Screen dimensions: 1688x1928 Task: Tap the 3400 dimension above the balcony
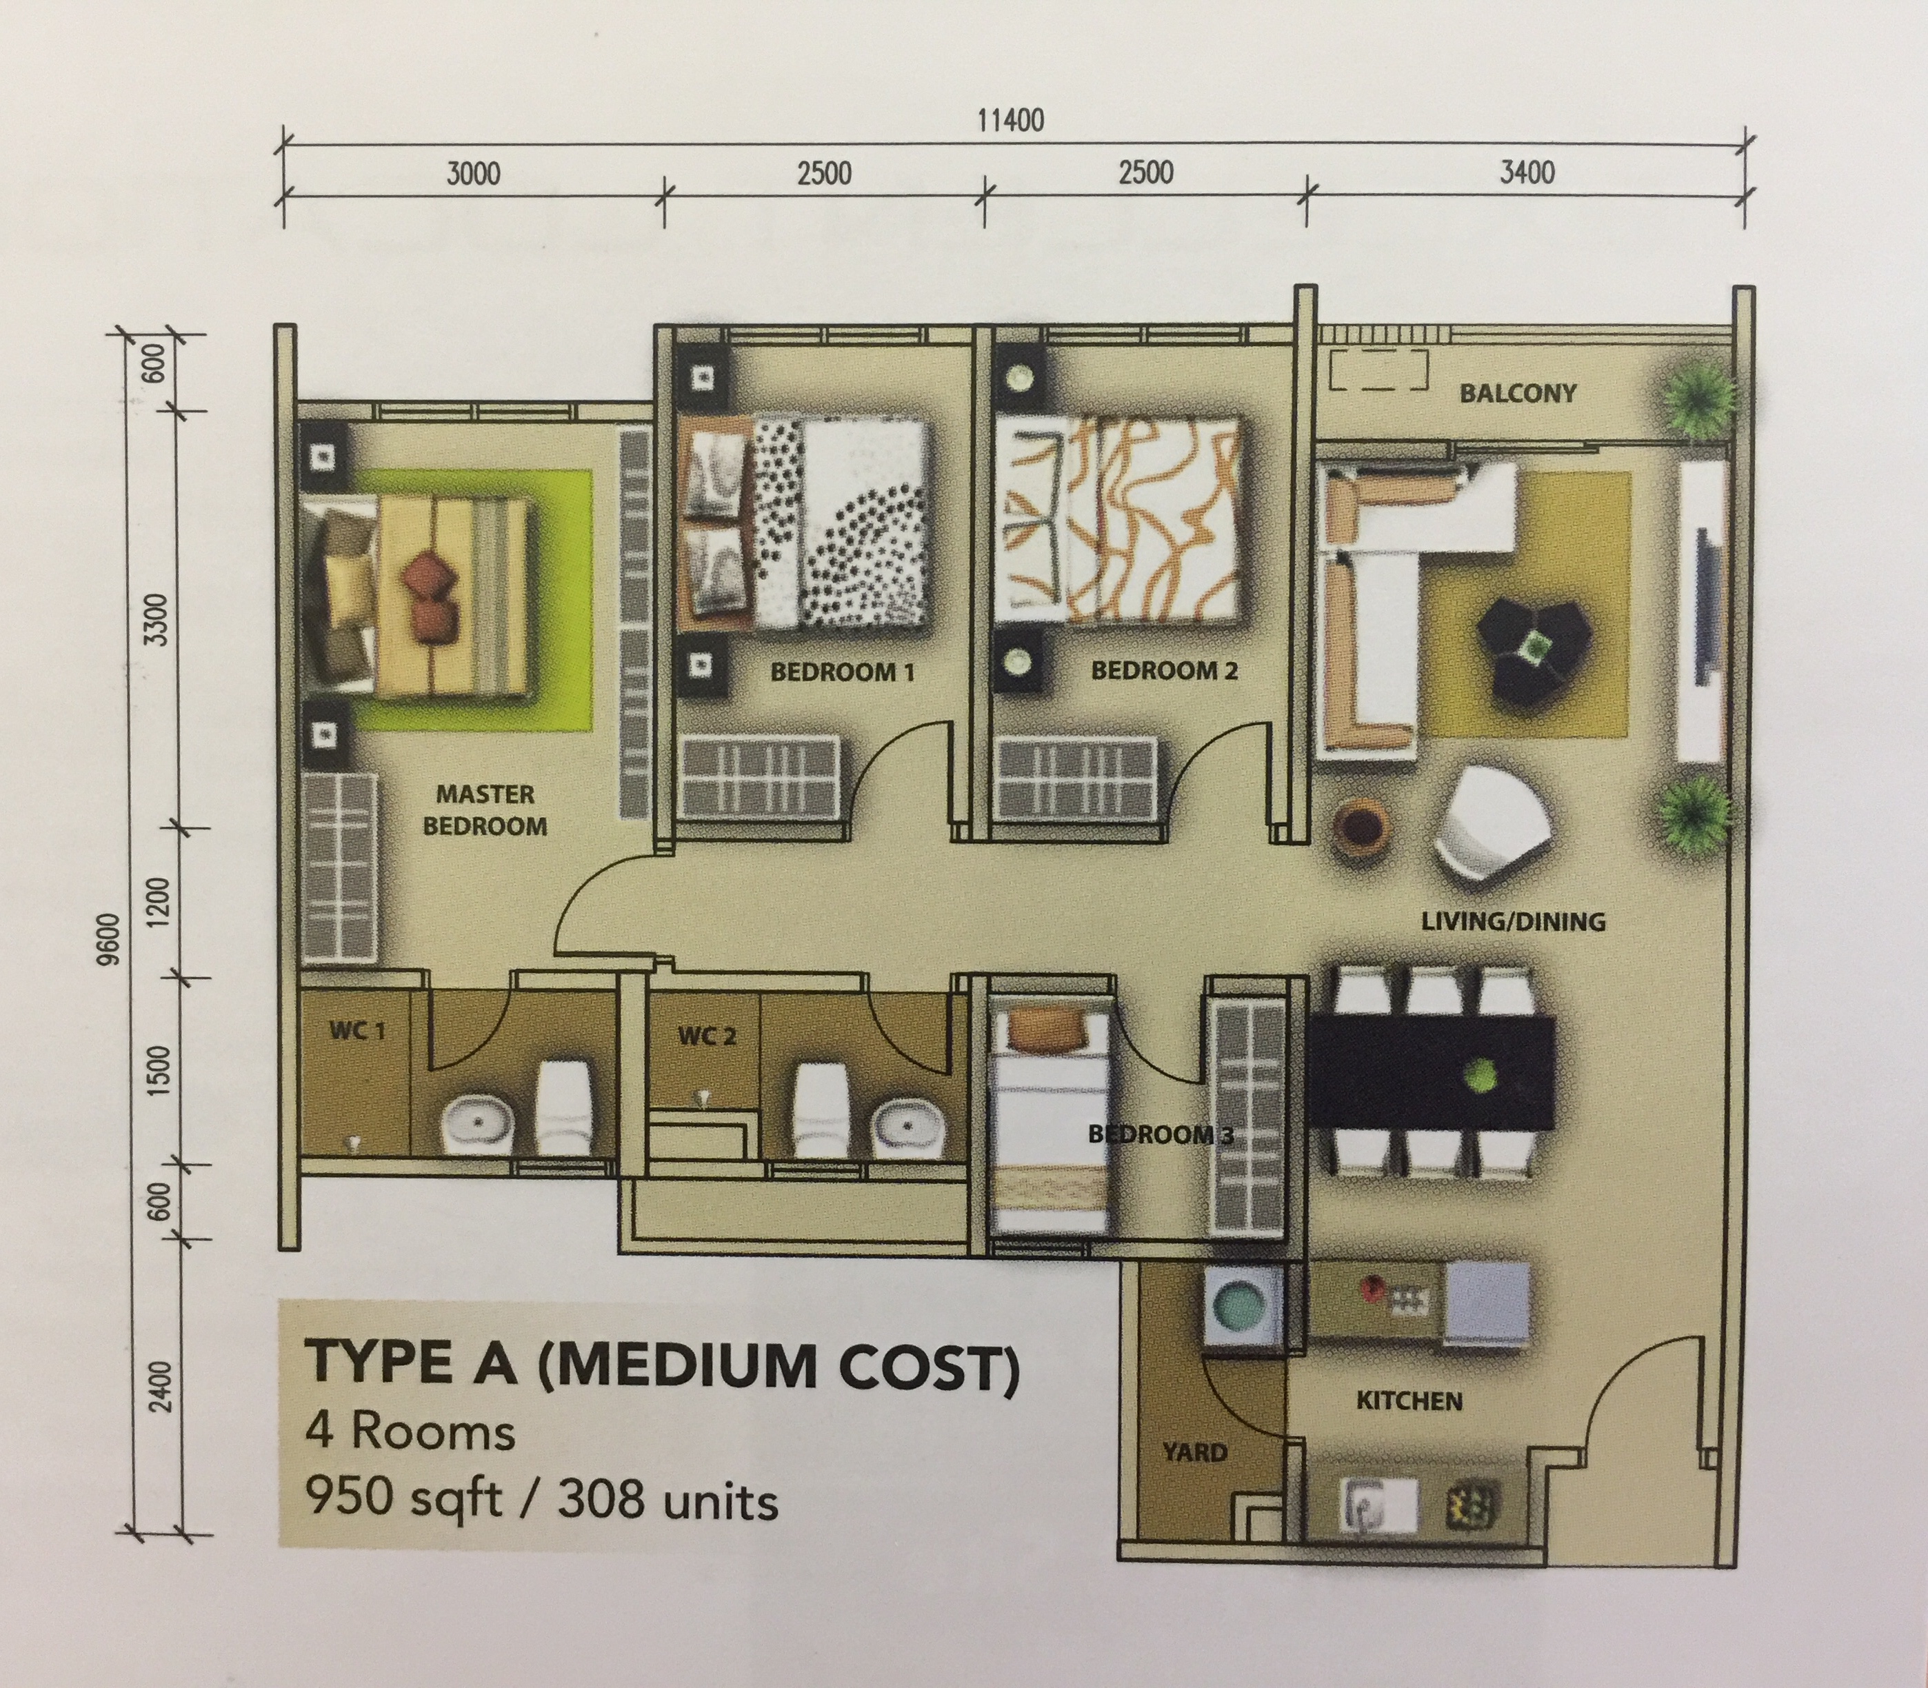point(1526,172)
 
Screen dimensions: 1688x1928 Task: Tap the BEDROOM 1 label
point(842,672)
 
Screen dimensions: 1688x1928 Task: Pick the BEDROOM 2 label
point(1163,671)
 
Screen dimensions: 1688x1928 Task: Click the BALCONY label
point(1517,393)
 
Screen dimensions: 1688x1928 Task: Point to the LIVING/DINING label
point(1513,921)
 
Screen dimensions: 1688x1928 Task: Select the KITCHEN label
point(1408,1400)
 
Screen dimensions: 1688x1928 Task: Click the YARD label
point(1194,1451)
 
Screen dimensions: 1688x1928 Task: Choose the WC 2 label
point(706,1036)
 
